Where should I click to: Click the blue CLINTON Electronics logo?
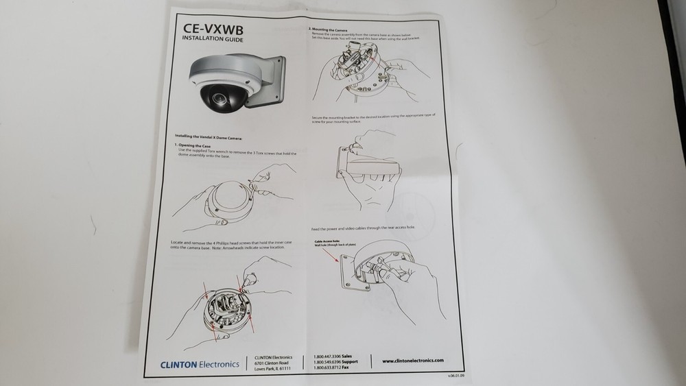(200, 363)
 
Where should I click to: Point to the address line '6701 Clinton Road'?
(272, 363)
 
